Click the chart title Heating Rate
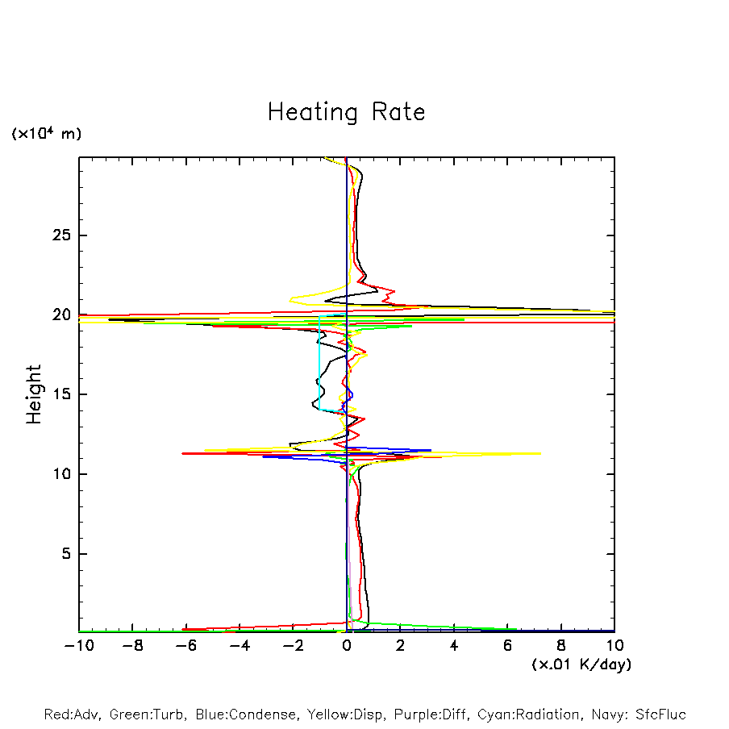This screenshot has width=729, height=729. [346, 112]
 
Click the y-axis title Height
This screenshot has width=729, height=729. [34, 394]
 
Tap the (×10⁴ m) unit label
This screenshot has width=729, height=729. [46, 134]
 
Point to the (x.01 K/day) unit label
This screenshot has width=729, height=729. [581, 664]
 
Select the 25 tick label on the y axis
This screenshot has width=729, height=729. [59, 235]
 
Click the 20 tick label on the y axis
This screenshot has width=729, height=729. [59, 315]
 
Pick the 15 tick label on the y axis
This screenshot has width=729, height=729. [59, 394]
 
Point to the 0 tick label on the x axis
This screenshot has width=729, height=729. [347, 646]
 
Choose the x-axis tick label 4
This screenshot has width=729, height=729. [454, 646]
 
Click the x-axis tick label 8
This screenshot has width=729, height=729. [561, 646]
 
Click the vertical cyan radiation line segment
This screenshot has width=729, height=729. [319, 363]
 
